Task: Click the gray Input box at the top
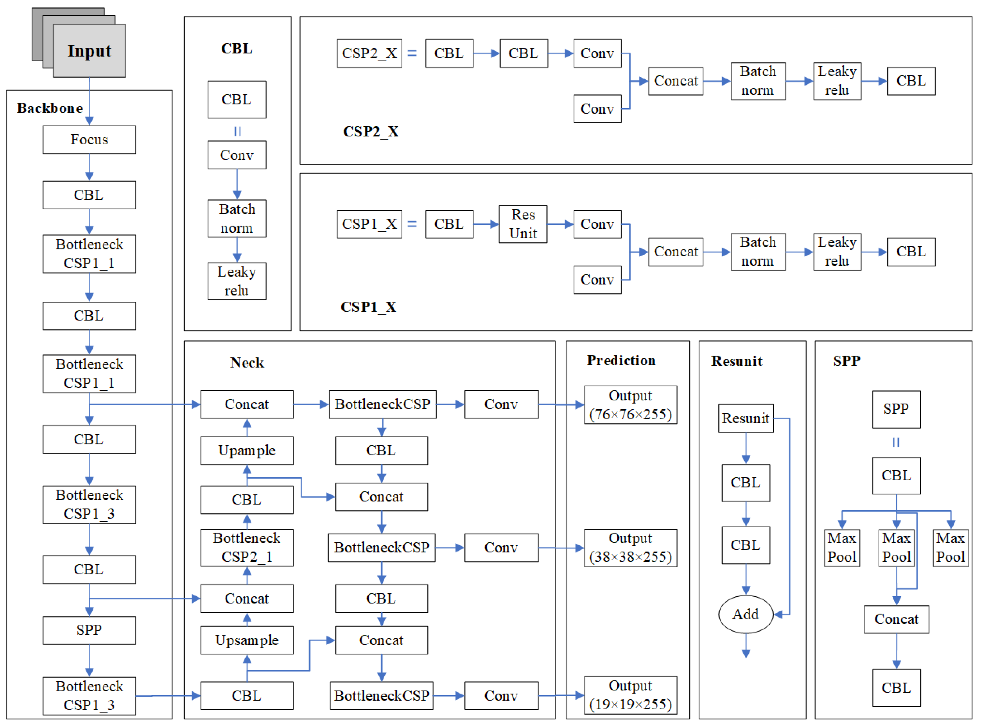(x=89, y=51)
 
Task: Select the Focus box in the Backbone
(x=89, y=140)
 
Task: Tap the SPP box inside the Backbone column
(x=89, y=631)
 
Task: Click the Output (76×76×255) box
(x=631, y=405)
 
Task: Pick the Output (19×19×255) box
(x=631, y=695)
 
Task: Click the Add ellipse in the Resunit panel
(x=746, y=614)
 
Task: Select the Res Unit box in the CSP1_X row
(x=523, y=224)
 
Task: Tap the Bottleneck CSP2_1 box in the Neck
(x=247, y=548)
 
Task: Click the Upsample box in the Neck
(x=247, y=640)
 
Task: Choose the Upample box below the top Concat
(x=247, y=451)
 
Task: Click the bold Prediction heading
(x=621, y=361)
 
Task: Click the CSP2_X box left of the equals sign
(x=369, y=54)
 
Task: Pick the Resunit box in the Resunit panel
(x=746, y=418)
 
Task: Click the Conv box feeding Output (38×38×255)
(x=501, y=548)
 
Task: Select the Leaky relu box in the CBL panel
(x=237, y=281)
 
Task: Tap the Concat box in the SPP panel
(x=897, y=619)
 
